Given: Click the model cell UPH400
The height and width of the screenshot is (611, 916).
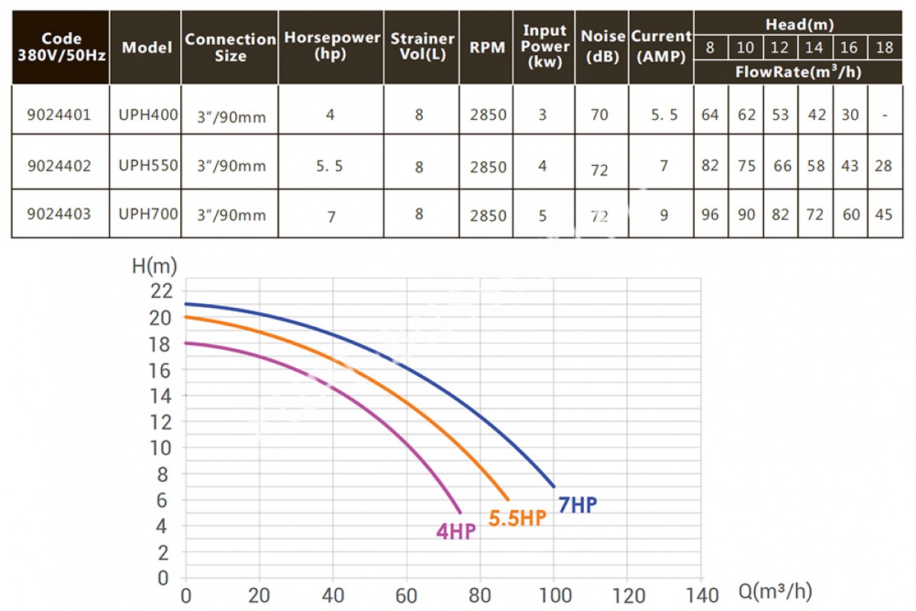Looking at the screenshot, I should point(148,115).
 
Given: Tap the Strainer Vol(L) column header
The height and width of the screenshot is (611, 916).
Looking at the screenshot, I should point(422,47).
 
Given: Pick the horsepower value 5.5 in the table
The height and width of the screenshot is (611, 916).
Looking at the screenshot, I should point(331,166).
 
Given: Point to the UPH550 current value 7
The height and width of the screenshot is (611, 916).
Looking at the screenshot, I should point(664,166).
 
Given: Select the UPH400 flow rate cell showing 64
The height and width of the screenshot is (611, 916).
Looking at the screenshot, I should point(710,115).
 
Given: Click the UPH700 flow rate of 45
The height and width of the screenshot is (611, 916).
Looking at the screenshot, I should point(884,214).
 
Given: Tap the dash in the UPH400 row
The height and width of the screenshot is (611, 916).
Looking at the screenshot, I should point(884,115).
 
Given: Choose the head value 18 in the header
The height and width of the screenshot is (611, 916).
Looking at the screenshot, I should point(884,47).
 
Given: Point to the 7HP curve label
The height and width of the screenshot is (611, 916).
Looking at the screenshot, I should point(579,505).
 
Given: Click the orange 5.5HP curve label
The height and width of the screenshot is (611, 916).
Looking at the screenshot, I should point(518,519).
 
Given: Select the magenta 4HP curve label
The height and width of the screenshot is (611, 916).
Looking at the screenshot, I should point(456,532).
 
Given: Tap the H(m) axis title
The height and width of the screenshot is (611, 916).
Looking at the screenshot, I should point(154,266).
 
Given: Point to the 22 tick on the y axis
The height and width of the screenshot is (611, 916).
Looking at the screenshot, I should point(162,291).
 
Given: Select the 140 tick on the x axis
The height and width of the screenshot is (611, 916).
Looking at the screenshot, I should point(700,595).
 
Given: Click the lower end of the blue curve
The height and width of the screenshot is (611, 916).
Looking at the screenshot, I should point(553,486).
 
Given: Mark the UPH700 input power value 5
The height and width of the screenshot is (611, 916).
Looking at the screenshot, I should point(543,214).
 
